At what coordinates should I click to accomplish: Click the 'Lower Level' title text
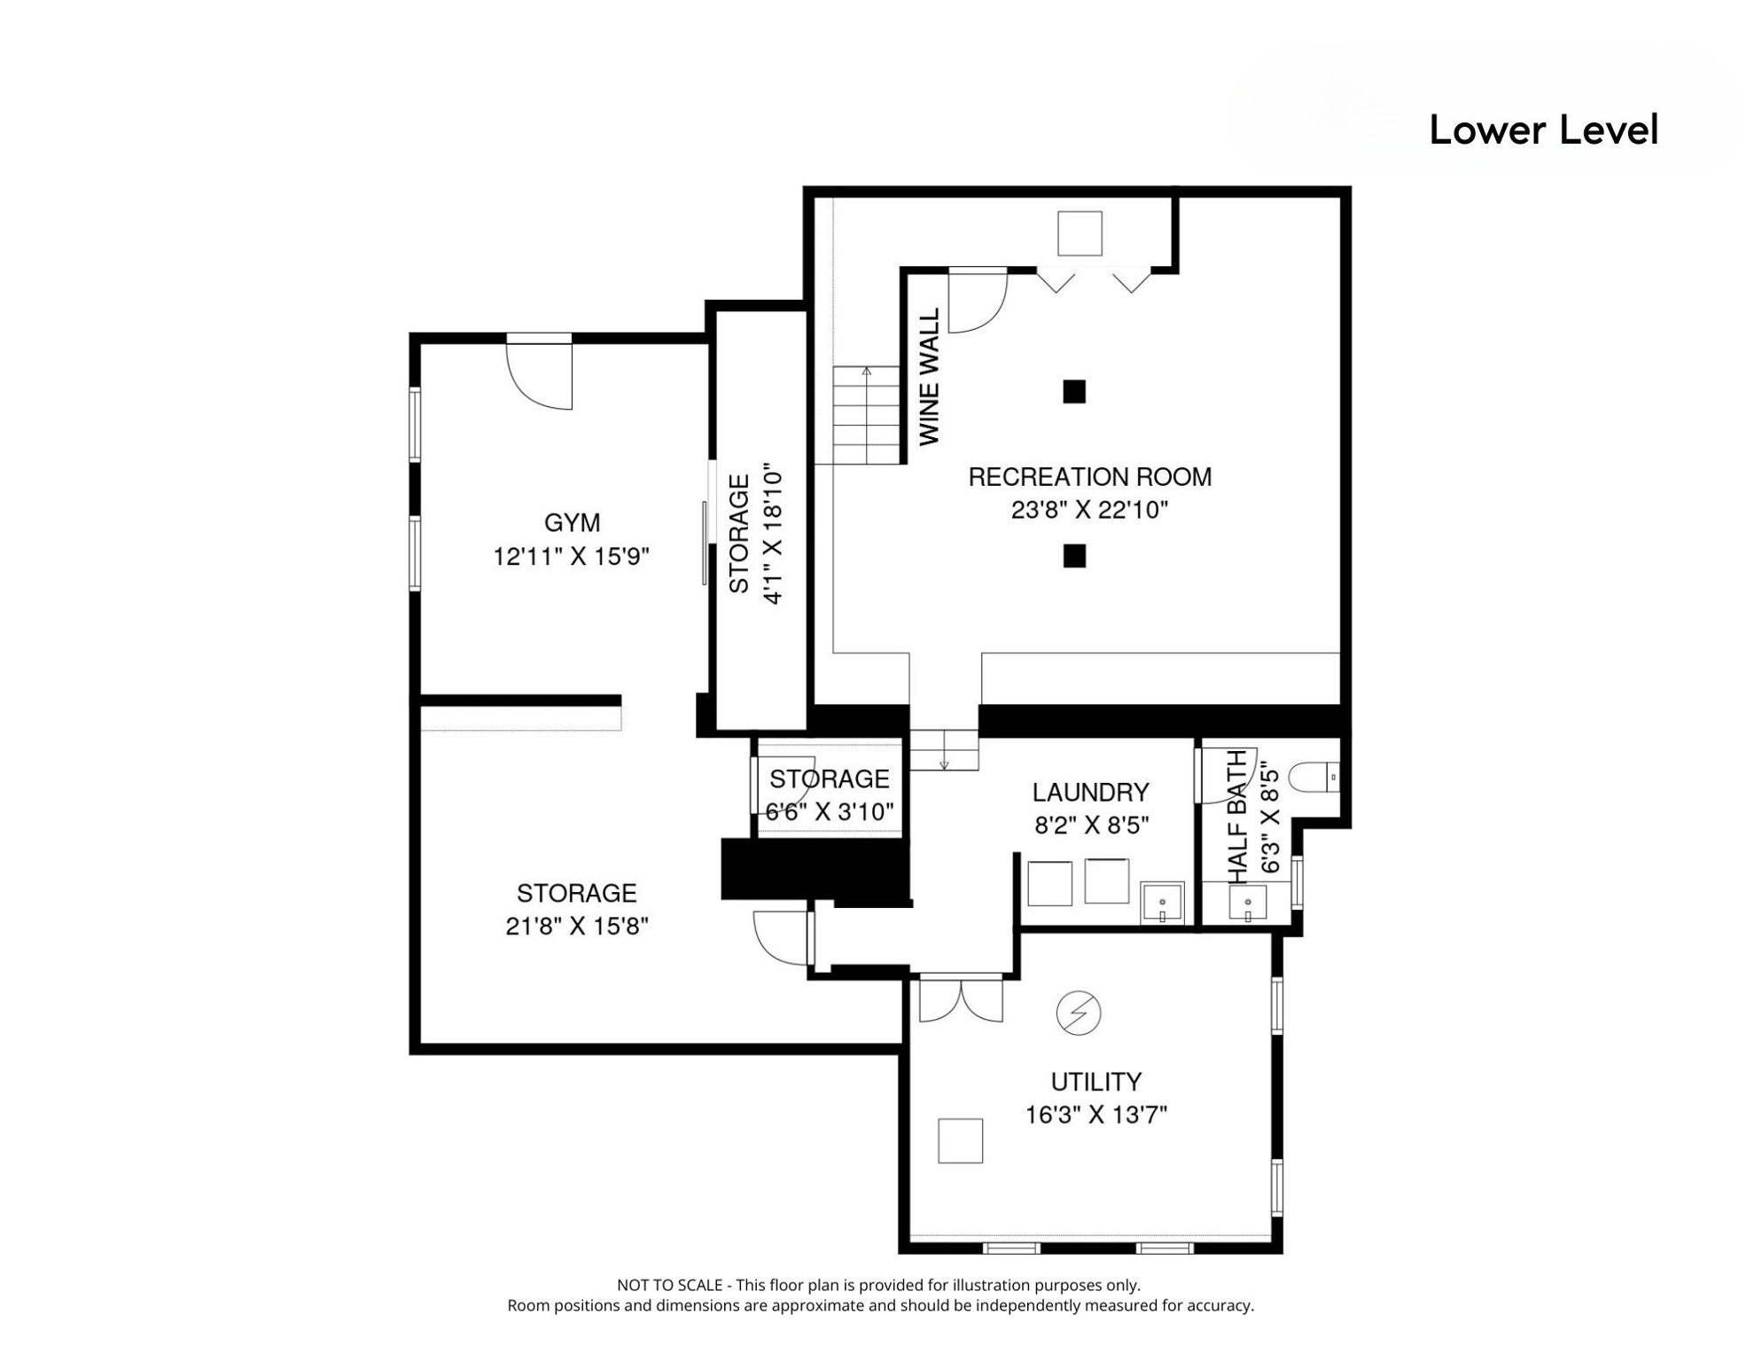pyautogui.click(x=1542, y=130)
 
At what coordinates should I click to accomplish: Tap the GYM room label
pyautogui.click(x=572, y=522)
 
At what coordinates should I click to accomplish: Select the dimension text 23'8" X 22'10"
pyautogui.click(x=1089, y=510)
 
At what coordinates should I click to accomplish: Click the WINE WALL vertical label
pyautogui.click(x=929, y=377)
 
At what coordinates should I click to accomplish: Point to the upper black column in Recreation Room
pyautogui.click(x=1074, y=391)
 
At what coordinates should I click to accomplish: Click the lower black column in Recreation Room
pyautogui.click(x=1074, y=556)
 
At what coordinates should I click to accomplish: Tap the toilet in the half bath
pyautogui.click(x=1312, y=778)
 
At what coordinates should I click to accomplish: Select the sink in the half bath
pyautogui.click(x=1247, y=904)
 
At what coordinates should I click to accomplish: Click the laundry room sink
pyautogui.click(x=1162, y=904)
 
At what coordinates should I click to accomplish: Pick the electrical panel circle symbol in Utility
pyautogui.click(x=1079, y=1013)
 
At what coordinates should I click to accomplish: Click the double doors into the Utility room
pyautogui.click(x=961, y=998)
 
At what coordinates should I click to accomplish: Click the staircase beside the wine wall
pyautogui.click(x=866, y=415)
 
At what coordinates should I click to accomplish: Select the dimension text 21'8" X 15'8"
pyautogui.click(x=577, y=926)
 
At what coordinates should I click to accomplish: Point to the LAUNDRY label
pyautogui.click(x=1090, y=792)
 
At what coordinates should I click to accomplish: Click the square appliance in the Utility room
pyautogui.click(x=960, y=1140)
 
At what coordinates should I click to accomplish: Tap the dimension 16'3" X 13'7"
pyautogui.click(x=1095, y=1115)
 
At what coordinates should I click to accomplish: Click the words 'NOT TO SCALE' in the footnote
pyautogui.click(x=669, y=1285)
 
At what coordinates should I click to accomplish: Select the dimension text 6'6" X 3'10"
pyautogui.click(x=829, y=812)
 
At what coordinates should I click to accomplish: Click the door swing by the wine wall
pyautogui.click(x=977, y=301)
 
